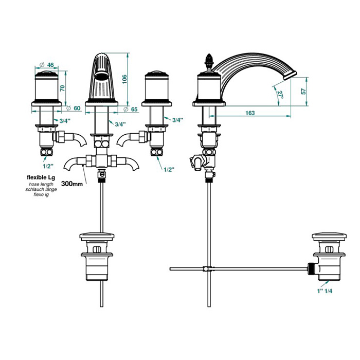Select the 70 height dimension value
pos(63,88)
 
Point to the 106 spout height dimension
pos(124,79)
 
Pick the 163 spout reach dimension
pos(250,113)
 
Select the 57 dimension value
pos(303,91)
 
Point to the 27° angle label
pos(280,94)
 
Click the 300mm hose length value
pos(72,184)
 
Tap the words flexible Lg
pos(41,177)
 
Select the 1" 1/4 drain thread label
pos(325,291)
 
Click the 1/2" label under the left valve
pos(48,166)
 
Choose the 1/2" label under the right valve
pos(169,170)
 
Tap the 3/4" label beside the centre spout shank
pos(120,124)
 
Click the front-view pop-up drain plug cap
pos(97,236)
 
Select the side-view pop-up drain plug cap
pos(329,236)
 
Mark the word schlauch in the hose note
pos(34,189)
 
